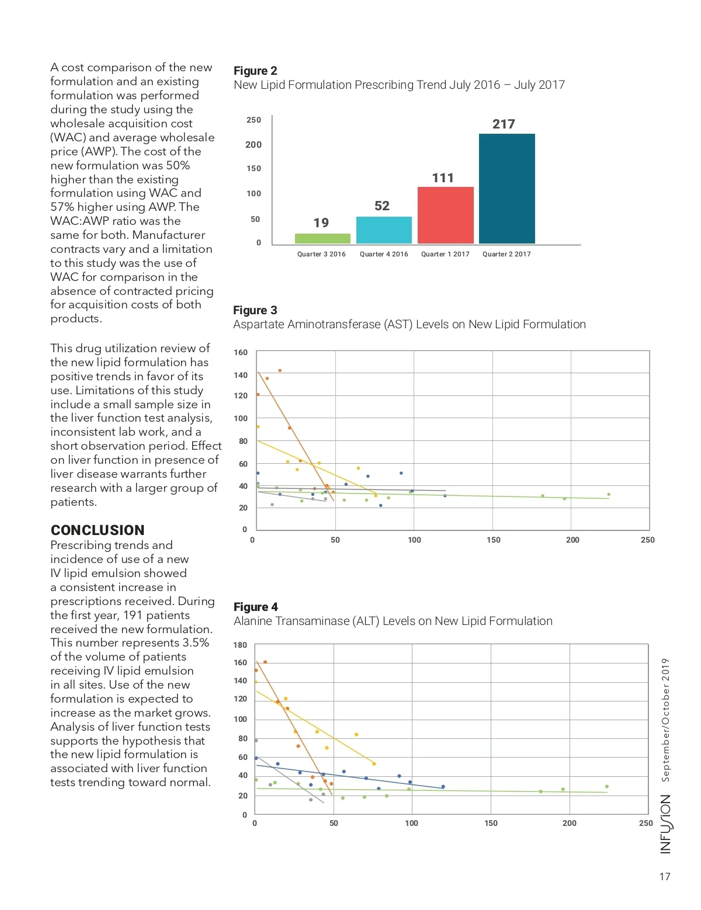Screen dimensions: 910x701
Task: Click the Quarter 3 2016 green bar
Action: (322, 238)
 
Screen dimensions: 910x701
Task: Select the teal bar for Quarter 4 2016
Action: (384, 230)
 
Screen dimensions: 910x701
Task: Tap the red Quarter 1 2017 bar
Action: (445, 215)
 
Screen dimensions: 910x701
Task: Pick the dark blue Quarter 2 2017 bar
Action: (506, 189)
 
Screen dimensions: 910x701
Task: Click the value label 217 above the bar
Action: (504, 124)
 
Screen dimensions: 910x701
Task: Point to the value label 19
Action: (321, 223)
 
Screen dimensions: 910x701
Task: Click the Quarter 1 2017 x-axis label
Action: (445, 254)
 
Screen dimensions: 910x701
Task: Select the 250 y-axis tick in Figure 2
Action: (254, 120)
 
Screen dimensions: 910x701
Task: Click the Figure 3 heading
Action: (255, 310)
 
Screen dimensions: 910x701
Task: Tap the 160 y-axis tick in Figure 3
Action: (241, 352)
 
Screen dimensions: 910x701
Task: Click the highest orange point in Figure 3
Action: (280, 370)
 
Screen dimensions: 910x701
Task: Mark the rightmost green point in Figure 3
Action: (609, 494)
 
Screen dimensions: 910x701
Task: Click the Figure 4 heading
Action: (256, 607)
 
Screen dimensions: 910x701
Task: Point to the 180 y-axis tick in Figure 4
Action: (240, 645)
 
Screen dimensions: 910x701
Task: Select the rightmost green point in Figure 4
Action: (607, 786)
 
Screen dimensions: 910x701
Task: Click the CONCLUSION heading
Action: (98, 530)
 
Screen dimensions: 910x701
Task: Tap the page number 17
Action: (665, 876)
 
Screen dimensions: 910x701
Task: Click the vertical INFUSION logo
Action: (665, 824)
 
